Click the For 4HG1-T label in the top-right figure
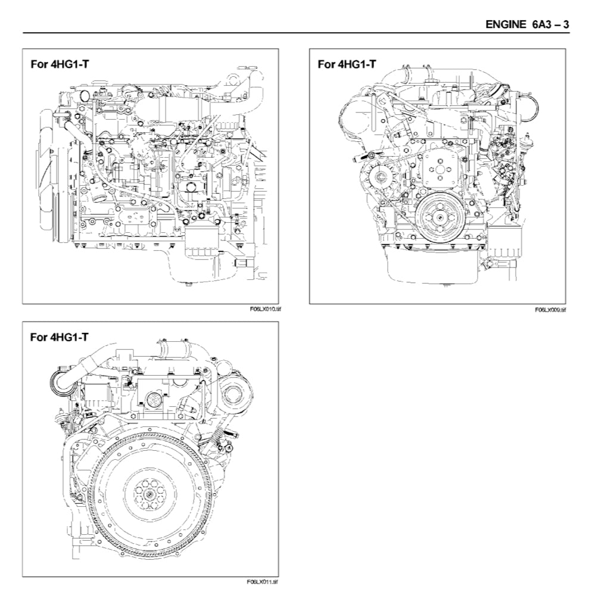347,64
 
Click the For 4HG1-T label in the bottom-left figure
60,337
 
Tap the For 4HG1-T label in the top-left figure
60,64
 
